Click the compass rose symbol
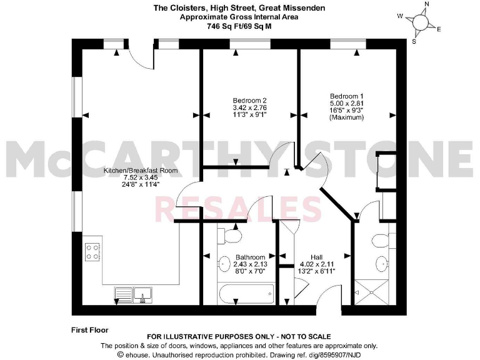[x=421, y=22]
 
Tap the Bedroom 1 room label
[x=347, y=96]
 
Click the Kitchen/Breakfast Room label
[x=141, y=170]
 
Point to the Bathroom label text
[x=250, y=257]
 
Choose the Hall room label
[x=316, y=257]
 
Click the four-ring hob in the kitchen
[x=92, y=251]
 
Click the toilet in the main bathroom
[x=231, y=236]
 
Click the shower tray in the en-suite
[x=371, y=292]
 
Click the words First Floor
[x=91, y=329]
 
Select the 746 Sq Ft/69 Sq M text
[x=239, y=27]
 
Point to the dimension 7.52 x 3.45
[x=141, y=177]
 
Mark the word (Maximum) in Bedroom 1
[x=347, y=117]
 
